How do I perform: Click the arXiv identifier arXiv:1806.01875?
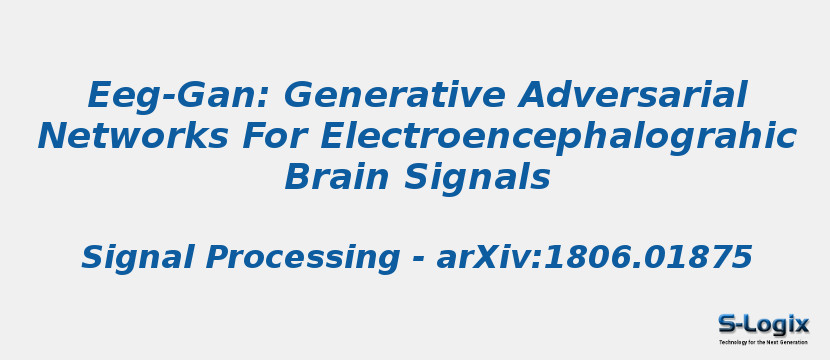[x=594, y=258]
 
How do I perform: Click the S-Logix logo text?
[x=763, y=324]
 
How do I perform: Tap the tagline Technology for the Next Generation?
[x=763, y=342]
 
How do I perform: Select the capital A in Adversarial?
[x=535, y=96]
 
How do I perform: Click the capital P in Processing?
[x=219, y=258]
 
